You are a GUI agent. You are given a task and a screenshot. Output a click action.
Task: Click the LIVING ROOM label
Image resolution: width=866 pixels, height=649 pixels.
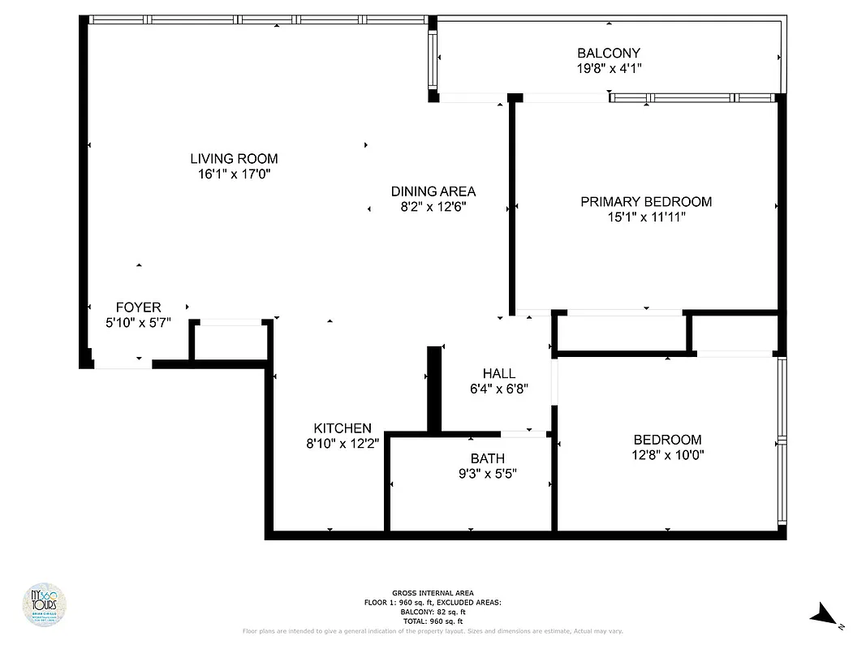234,159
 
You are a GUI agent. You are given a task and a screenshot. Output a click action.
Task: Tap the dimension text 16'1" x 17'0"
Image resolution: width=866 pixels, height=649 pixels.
234,174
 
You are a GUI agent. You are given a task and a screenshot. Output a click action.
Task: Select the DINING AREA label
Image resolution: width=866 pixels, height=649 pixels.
433,191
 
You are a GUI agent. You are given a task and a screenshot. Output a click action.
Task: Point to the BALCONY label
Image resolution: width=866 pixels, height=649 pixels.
609,54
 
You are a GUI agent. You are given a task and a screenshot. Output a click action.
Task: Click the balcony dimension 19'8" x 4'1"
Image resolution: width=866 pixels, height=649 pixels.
609,69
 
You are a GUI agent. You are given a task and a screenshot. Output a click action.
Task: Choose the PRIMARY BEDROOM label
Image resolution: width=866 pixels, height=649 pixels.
646,201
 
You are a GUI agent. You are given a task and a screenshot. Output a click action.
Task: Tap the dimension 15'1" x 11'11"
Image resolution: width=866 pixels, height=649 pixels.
646,217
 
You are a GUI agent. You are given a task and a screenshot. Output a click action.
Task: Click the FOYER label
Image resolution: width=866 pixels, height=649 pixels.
138,307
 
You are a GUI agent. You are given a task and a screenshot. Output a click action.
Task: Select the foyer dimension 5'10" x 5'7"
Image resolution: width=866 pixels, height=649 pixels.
138,322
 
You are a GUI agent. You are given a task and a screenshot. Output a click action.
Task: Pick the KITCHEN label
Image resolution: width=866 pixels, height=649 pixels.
343,428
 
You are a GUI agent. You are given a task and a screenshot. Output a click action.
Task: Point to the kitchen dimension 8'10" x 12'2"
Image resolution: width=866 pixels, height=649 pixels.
343,444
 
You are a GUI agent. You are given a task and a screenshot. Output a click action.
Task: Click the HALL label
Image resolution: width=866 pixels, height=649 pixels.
499,373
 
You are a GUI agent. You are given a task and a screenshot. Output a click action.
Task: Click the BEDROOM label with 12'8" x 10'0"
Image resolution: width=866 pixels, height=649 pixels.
668,440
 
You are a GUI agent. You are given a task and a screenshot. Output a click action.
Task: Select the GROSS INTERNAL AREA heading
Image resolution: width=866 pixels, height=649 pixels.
433,593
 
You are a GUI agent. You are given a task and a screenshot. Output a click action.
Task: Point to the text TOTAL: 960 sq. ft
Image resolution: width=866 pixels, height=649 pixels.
433,621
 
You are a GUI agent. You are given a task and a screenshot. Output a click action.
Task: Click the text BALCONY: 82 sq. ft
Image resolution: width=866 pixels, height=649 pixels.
433,612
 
